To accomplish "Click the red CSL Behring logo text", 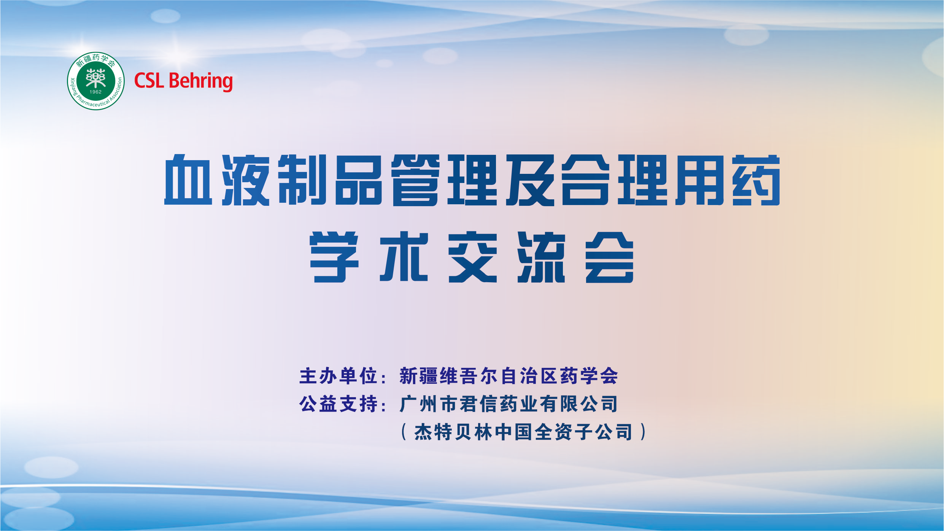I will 183,81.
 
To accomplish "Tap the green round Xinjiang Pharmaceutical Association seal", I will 96,81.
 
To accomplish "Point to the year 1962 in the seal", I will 96,92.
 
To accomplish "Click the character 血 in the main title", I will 188,180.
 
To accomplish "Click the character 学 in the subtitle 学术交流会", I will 334,257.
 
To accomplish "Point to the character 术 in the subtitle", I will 404,257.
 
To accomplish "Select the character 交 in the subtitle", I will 473,257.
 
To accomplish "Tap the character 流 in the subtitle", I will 541,257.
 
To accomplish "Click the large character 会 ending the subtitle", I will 610,257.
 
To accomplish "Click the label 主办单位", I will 338,376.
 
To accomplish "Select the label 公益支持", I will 338,404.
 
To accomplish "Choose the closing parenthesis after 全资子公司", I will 643,432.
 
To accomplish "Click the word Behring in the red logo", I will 200,81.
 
